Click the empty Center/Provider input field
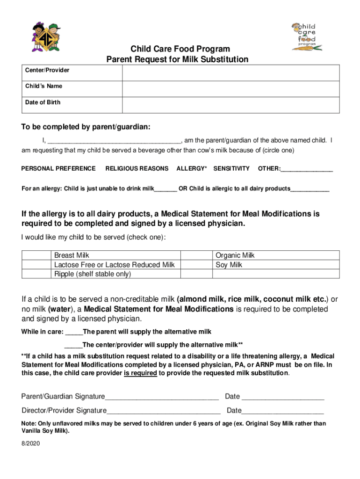[x=231, y=73]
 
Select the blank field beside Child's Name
[x=231, y=89]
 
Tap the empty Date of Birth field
[x=231, y=105]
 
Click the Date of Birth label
[x=43, y=102]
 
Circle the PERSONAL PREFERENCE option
[x=58, y=168]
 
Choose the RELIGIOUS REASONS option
[x=137, y=168]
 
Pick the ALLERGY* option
[x=192, y=168]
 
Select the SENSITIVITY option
[x=231, y=168]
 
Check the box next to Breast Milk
[x=36, y=255]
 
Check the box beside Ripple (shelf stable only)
[x=36, y=274]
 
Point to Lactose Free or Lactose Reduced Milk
[x=114, y=265]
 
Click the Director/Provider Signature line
[x=164, y=412]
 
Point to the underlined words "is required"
[x=140, y=373]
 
